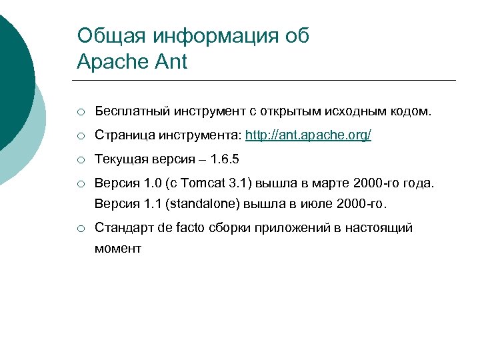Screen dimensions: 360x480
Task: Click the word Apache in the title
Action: pos(110,62)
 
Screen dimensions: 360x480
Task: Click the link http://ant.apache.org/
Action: pos(308,135)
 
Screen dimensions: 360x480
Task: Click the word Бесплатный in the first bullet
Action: pos(131,112)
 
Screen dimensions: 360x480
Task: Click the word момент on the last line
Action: pos(118,249)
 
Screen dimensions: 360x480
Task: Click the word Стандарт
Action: pos(124,228)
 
